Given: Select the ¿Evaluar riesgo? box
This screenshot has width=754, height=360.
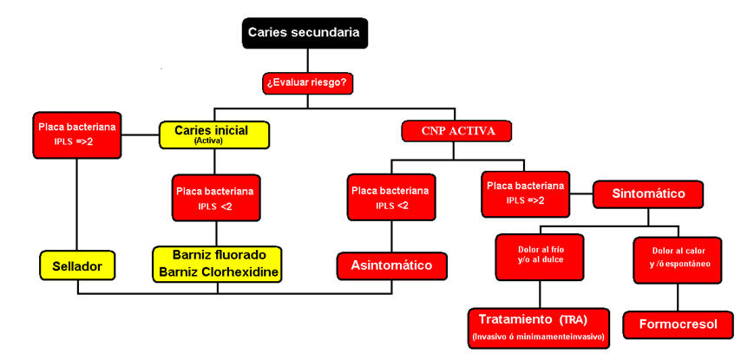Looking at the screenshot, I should point(307,83).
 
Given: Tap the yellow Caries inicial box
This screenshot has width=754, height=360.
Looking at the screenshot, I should point(214,134).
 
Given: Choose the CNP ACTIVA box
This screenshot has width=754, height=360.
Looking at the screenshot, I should point(456,132).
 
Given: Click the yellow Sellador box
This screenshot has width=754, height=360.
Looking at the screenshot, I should point(77,266).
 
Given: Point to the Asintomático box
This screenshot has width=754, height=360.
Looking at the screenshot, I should point(391,265).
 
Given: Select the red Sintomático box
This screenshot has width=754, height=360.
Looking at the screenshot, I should point(648,194).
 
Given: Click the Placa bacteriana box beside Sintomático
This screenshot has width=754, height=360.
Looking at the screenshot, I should point(526,193).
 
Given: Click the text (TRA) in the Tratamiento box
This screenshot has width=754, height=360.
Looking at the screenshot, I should point(574,318).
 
